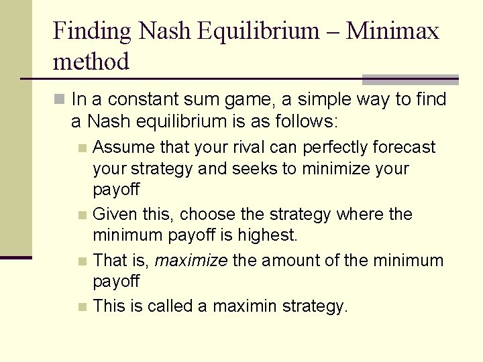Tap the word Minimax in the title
(392, 31)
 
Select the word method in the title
(91, 62)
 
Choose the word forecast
(408, 147)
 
